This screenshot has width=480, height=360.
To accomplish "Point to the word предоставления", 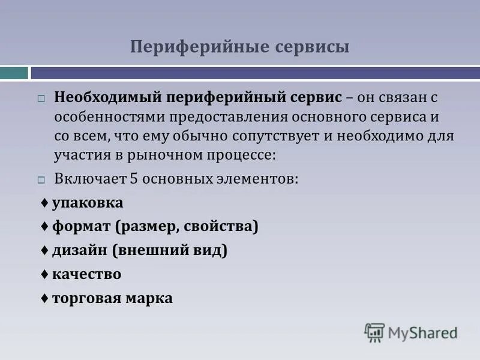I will [x=226, y=116].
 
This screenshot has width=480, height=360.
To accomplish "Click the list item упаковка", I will [x=88, y=203].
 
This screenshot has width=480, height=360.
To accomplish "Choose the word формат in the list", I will [x=82, y=227].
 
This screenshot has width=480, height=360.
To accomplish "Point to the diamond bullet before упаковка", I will [x=45, y=203].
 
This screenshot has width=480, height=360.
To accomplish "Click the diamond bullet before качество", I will [x=45, y=274].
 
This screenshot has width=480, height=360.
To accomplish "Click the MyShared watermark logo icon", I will [x=374, y=332].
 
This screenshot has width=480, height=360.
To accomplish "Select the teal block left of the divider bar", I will [x=14, y=73].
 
